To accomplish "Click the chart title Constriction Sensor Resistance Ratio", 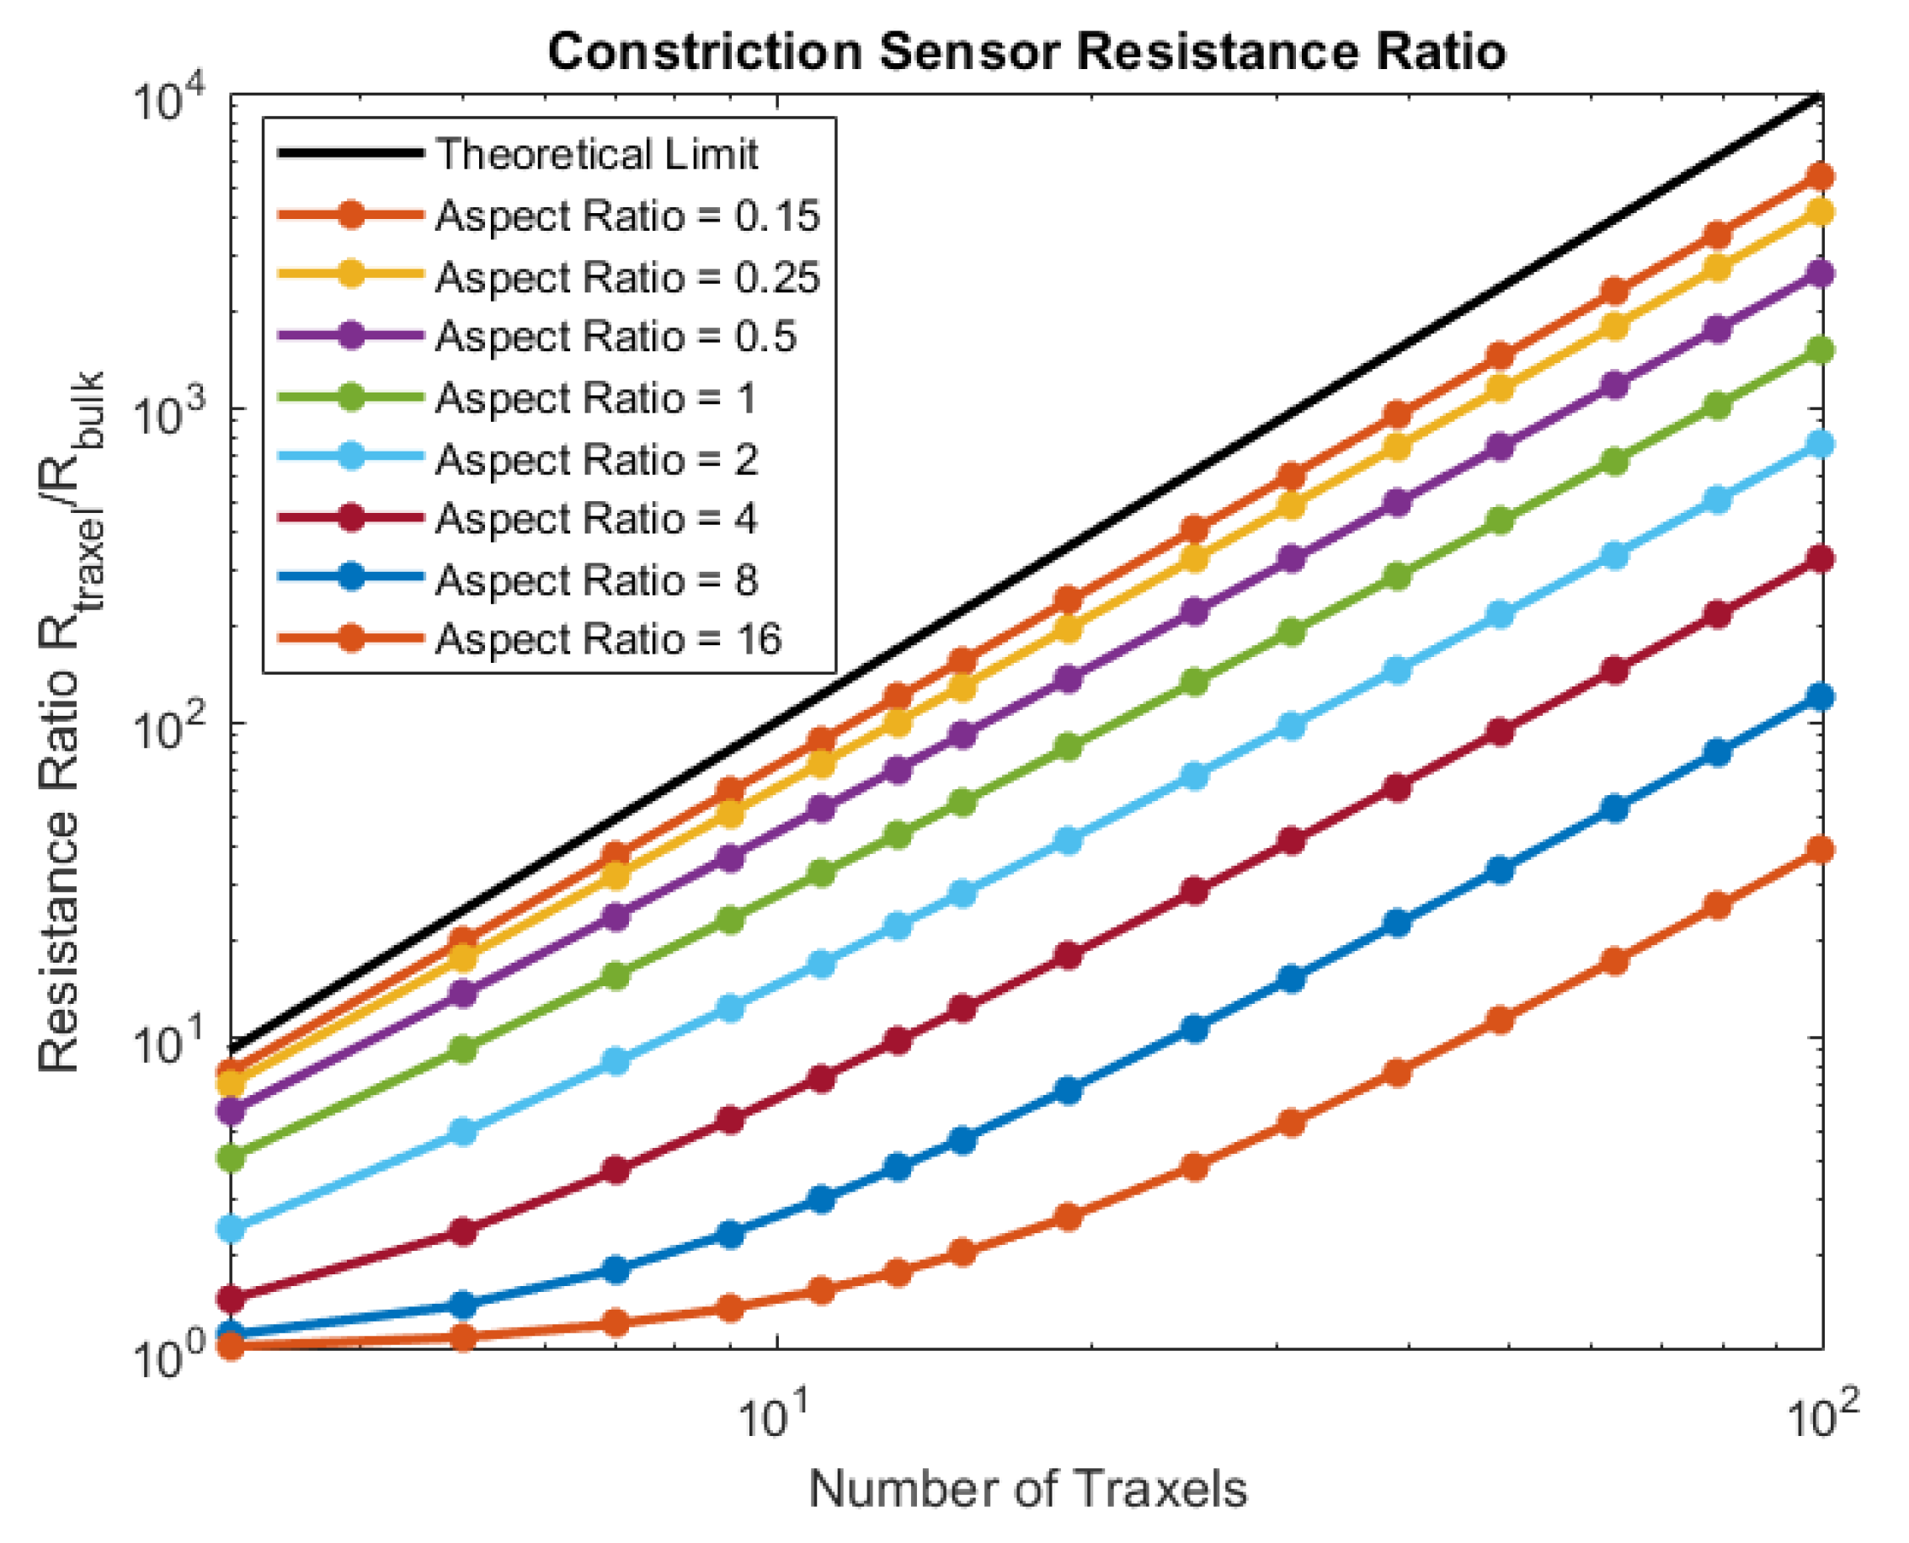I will click(1026, 51).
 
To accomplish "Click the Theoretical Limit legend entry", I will click(595, 154).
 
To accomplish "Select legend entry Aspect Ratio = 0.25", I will click(627, 277).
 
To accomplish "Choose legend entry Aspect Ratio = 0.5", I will click(615, 337).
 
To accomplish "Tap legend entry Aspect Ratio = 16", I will click(608, 639).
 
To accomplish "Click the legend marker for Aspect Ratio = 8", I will click(352, 579).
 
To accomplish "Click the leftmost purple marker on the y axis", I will click(232, 1110).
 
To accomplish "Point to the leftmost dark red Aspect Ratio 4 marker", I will click(232, 1299).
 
